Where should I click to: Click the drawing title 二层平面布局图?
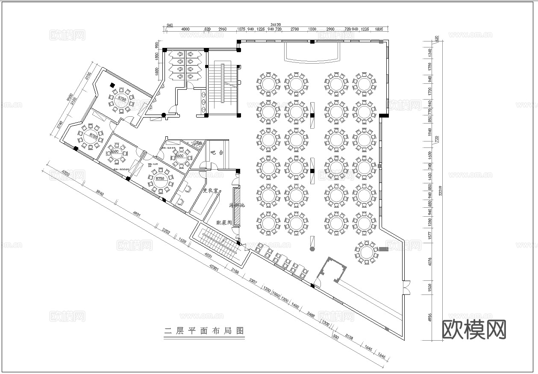point(204,330)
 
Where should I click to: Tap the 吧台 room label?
point(218,152)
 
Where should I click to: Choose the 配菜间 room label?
point(224,223)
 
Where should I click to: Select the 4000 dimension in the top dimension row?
point(185,29)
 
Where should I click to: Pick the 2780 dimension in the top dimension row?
point(294,29)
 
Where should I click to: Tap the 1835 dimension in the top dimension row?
point(379,29)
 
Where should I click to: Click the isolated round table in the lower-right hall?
point(366,252)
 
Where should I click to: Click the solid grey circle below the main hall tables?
point(312,249)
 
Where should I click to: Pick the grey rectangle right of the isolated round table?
point(383,249)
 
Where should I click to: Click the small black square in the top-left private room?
point(112,85)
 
